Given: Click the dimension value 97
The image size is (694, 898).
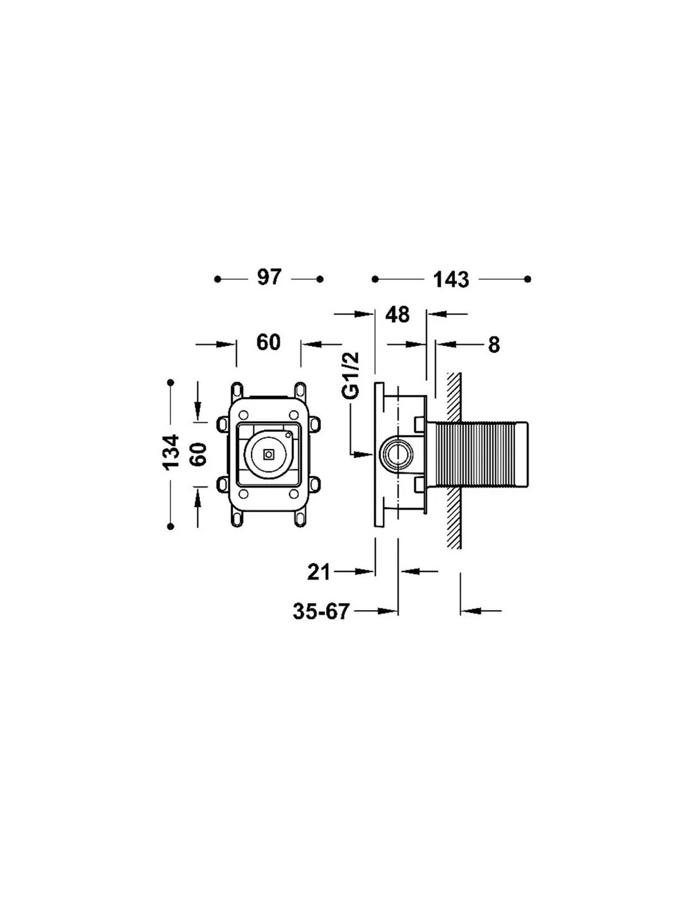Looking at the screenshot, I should (269, 277).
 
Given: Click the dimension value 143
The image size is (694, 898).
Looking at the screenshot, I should (451, 279).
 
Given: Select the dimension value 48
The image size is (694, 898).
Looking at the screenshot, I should (397, 314).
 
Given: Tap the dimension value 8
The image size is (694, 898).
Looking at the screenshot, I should (493, 345).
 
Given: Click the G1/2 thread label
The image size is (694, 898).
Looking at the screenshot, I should (351, 376).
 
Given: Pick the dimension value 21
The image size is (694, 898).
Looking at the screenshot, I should (319, 572).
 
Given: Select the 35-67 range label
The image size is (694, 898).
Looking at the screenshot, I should (321, 611).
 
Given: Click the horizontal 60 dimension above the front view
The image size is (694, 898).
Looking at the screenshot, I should (268, 342).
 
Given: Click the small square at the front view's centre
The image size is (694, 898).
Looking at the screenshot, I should (269, 453).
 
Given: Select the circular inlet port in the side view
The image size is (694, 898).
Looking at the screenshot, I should (398, 453).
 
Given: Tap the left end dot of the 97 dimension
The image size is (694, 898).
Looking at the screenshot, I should (218, 278).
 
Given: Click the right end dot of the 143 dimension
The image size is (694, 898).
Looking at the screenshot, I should (528, 278).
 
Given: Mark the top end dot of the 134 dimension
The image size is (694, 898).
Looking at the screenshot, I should (170, 382).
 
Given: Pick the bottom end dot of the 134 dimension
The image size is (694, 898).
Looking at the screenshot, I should (170, 525).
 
